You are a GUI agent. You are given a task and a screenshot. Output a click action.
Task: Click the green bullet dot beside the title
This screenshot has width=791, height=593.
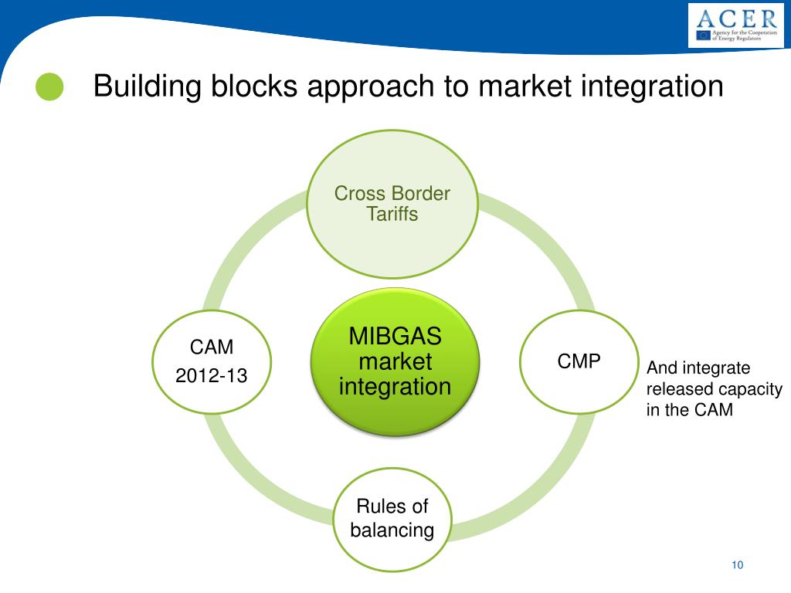click(49, 86)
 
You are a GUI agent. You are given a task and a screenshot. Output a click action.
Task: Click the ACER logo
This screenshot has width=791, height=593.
click(735, 25)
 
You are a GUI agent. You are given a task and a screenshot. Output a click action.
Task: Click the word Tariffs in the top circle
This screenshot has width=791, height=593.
click(392, 214)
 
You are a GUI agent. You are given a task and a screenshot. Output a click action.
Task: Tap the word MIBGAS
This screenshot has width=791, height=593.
click(395, 337)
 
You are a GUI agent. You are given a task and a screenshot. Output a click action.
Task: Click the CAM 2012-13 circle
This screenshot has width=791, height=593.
click(212, 361)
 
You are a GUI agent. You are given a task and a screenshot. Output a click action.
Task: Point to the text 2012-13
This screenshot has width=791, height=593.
click(212, 376)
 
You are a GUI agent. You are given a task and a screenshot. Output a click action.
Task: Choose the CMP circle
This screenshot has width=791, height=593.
click(579, 361)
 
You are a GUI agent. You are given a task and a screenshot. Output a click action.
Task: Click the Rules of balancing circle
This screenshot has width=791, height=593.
click(392, 518)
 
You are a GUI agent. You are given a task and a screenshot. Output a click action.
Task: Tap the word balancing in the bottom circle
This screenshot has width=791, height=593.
click(392, 530)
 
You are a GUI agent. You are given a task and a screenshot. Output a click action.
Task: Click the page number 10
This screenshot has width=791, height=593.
click(737, 565)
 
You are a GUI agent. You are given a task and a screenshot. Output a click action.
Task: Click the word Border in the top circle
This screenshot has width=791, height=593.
click(421, 193)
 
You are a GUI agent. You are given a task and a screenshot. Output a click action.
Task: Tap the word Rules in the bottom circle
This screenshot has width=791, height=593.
click(378, 507)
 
